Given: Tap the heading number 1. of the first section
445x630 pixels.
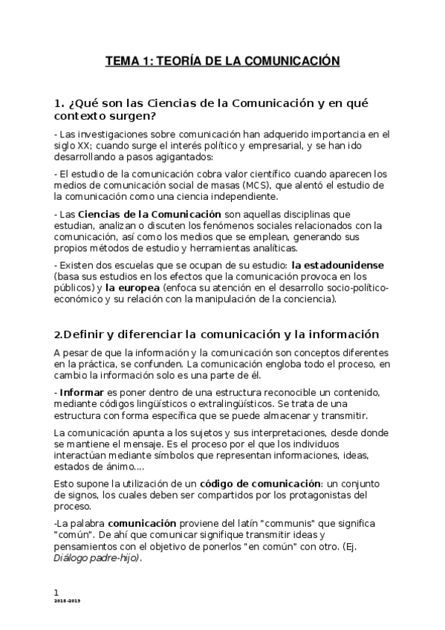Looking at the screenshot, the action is tap(61, 103).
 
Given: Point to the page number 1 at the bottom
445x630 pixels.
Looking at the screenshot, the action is tap(56, 591).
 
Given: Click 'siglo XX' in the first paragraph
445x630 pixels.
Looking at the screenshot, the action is tap(72, 146).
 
